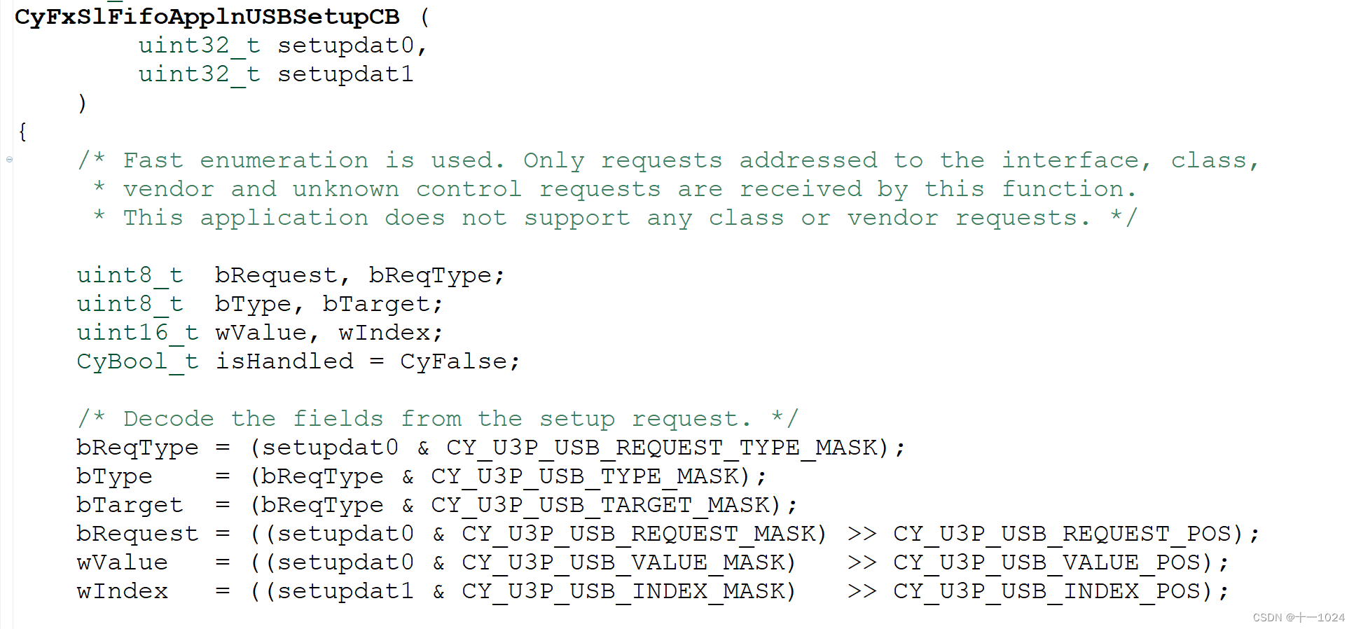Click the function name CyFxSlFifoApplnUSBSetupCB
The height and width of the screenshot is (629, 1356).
click(x=207, y=16)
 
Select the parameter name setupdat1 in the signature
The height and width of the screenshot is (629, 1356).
click(x=345, y=74)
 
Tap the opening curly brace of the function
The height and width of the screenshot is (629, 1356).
click(x=22, y=132)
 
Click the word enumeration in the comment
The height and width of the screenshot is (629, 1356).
click(x=284, y=160)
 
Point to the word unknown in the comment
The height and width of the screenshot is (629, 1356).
click(x=345, y=189)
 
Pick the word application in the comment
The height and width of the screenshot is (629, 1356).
click(x=284, y=218)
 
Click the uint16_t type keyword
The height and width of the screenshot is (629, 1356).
click(x=137, y=333)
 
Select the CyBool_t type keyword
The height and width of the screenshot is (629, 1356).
click(x=137, y=361)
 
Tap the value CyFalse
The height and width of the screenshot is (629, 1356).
click(x=453, y=361)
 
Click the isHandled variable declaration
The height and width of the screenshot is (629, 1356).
click(x=284, y=361)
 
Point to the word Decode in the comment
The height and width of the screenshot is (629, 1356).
click(x=168, y=419)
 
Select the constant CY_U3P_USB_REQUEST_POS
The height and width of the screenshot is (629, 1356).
click(x=1062, y=534)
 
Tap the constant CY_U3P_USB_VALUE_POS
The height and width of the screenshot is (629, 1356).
click(x=1046, y=562)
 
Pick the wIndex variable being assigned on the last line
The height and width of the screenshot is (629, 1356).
click(x=122, y=591)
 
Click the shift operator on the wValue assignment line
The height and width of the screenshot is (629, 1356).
click(x=862, y=562)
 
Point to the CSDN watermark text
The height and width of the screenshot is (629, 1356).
click(x=1298, y=617)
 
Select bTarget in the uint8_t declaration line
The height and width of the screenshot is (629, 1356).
click(x=376, y=304)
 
